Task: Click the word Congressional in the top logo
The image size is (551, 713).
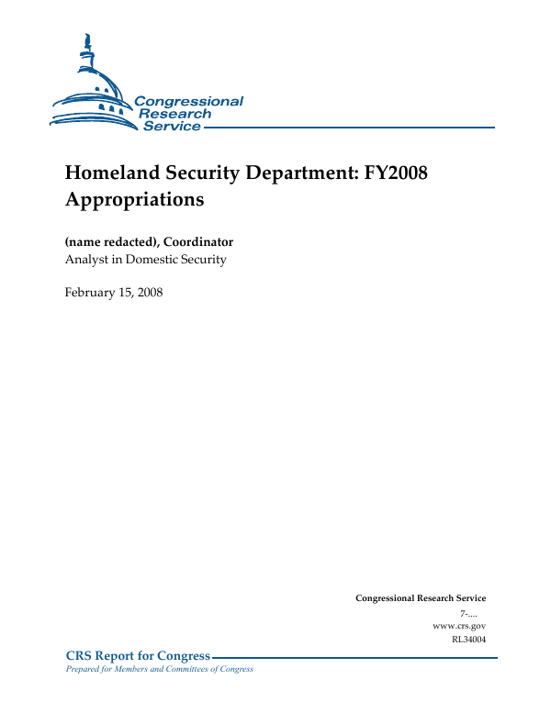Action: click(188, 102)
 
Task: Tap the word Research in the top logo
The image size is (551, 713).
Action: click(174, 114)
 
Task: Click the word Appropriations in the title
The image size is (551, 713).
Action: click(134, 199)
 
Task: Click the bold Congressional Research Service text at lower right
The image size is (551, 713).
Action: click(420, 598)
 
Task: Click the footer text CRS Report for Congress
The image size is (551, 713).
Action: click(138, 656)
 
